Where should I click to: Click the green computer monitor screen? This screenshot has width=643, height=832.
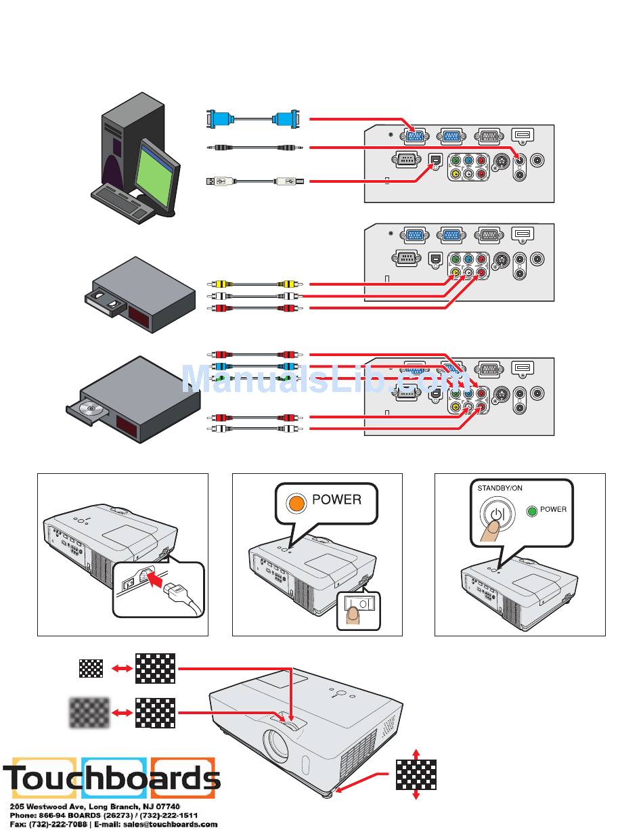157,173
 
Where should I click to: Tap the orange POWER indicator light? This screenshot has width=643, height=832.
296,502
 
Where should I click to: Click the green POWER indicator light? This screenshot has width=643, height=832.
531,511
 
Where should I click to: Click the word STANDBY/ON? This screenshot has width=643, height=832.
500,488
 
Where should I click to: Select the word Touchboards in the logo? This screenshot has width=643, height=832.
112,778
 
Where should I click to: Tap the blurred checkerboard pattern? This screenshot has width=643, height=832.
89,713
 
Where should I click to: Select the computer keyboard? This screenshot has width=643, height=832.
120,203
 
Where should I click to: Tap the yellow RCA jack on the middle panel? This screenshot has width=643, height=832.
455,273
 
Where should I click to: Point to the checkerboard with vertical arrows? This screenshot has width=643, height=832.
416,775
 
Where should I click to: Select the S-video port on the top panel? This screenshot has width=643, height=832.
500,160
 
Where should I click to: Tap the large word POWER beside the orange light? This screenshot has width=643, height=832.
337,500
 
